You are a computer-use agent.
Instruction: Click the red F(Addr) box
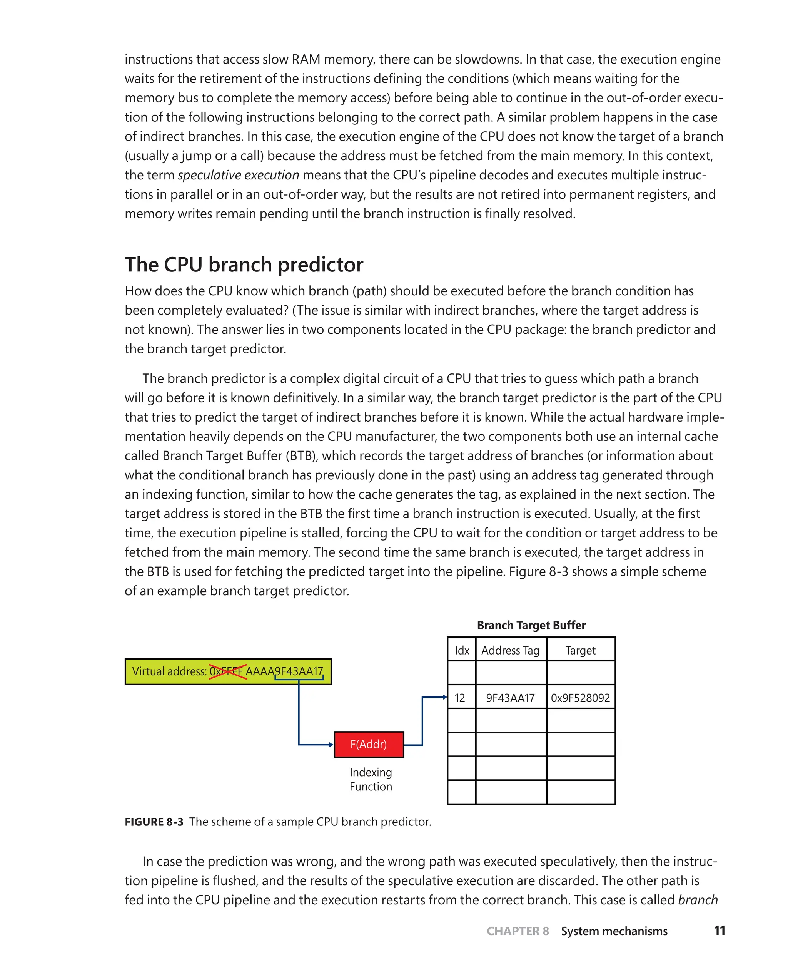pyautogui.click(x=369, y=744)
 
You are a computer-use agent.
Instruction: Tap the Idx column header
pyautogui.click(x=462, y=650)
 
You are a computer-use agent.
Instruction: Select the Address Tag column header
pyautogui.click(x=510, y=650)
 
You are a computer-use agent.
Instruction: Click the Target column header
pyautogui.click(x=580, y=650)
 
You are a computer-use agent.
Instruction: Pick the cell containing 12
pyautogui.click(x=460, y=698)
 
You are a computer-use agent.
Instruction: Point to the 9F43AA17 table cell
pyautogui.click(x=510, y=698)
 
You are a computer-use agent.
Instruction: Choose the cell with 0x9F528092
pyautogui.click(x=580, y=698)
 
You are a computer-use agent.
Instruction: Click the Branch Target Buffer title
pyautogui.click(x=531, y=625)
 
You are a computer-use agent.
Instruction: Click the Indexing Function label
pyautogui.click(x=371, y=779)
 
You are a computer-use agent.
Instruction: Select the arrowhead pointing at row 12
pyautogui.click(x=445, y=697)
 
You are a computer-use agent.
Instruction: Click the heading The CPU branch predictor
pyautogui.click(x=244, y=265)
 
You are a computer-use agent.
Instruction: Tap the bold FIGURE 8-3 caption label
pyautogui.click(x=154, y=822)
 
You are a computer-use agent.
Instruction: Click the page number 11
pyautogui.click(x=719, y=931)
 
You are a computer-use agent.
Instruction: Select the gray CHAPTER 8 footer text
pyautogui.click(x=518, y=931)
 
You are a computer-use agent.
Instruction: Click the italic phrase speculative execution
pyautogui.click(x=238, y=175)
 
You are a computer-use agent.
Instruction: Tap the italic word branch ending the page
pyautogui.click(x=698, y=900)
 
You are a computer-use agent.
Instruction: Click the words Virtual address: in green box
pyautogui.click(x=169, y=671)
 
